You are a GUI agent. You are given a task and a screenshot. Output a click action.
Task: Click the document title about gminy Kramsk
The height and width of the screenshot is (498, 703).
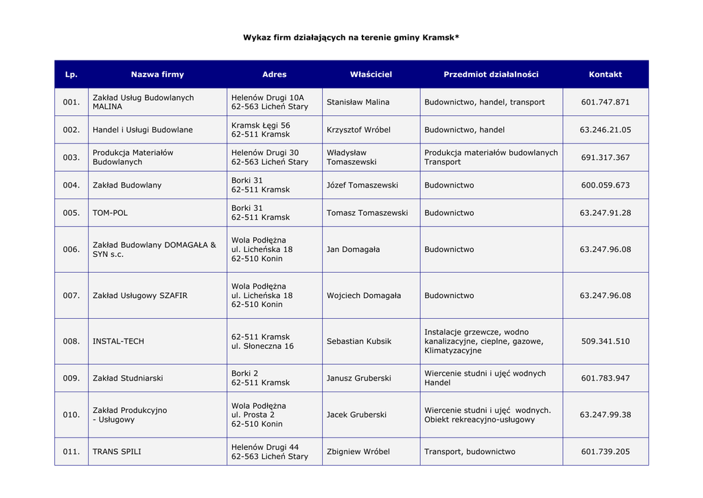(x=351, y=37)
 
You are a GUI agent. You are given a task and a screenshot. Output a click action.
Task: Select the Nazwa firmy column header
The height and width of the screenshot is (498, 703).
(x=157, y=74)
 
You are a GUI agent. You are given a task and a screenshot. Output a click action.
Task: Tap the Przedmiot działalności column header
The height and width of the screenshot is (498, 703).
(x=491, y=74)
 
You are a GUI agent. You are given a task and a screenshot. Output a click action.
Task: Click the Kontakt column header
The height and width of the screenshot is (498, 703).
(x=605, y=74)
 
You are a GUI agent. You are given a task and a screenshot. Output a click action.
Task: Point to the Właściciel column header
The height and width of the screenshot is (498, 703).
(x=371, y=74)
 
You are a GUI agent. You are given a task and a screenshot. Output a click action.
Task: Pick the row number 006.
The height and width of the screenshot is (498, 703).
(x=71, y=249)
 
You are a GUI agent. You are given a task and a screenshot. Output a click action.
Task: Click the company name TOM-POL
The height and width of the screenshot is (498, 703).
(x=110, y=213)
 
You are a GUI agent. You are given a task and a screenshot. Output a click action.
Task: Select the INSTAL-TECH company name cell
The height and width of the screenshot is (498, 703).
(x=118, y=341)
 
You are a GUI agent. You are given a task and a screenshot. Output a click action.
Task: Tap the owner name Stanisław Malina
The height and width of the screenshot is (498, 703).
(x=358, y=102)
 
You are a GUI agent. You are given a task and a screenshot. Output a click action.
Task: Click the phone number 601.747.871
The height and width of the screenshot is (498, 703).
(x=605, y=102)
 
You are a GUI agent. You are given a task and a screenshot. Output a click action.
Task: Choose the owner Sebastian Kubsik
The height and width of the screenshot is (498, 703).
(x=359, y=341)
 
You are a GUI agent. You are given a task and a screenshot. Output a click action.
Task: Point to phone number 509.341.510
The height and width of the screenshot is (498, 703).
(x=605, y=341)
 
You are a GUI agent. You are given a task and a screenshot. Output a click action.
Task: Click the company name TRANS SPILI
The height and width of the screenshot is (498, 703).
(x=117, y=452)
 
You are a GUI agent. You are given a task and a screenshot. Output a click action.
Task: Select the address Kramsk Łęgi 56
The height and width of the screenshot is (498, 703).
(x=260, y=125)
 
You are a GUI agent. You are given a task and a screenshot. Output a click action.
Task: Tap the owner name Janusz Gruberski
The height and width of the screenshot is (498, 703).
(x=359, y=378)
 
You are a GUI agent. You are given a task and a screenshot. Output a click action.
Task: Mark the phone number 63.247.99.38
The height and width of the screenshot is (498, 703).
(x=605, y=415)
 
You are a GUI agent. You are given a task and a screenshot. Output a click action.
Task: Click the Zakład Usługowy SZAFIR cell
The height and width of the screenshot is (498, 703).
(x=139, y=295)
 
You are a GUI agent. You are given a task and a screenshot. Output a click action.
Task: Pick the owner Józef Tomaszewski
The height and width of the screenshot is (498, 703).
(x=362, y=185)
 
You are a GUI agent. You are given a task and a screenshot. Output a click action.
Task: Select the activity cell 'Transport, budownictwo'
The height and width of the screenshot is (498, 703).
(x=470, y=452)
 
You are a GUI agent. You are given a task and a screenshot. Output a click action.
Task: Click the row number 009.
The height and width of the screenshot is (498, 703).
(x=71, y=378)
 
